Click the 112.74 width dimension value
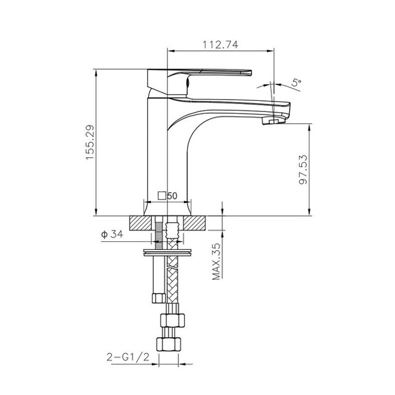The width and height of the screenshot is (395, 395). click(220, 44)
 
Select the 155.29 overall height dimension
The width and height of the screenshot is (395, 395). click(90, 142)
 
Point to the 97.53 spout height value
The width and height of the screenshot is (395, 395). click(303, 170)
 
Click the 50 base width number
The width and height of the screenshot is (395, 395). click(172, 196)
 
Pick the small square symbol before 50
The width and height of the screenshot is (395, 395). click(162, 196)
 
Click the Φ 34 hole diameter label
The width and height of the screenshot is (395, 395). click(112, 234)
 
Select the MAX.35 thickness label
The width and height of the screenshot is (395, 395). click(217, 261)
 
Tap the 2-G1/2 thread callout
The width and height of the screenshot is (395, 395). click(128, 357)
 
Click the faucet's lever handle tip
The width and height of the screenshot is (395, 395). click(249, 73)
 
